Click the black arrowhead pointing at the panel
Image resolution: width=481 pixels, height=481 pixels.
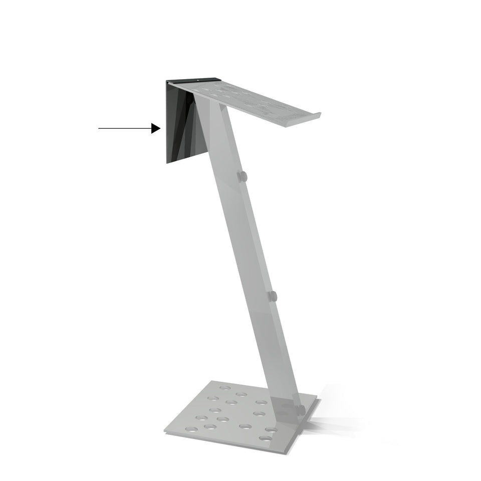click(x=156, y=129)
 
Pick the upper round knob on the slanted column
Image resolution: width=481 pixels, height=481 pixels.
click(x=242, y=176)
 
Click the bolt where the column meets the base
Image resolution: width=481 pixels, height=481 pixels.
click(x=301, y=410)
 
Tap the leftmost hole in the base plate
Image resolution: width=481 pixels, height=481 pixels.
click(x=191, y=429)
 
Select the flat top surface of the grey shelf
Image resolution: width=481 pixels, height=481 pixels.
click(x=251, y=98)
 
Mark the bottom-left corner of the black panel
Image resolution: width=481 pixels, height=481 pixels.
click(x=167, y=162)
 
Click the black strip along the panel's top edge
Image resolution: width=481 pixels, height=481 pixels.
click(x=193, y=80)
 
